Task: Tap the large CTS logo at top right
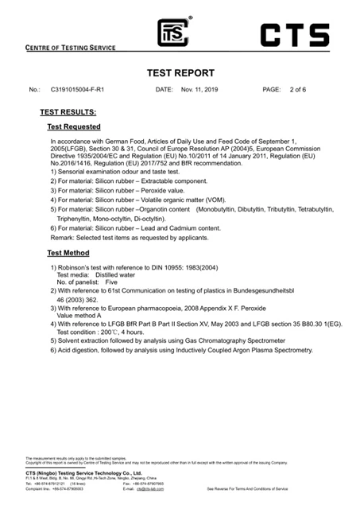[x=294, y=35]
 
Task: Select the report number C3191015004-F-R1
[x=84, y=90]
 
